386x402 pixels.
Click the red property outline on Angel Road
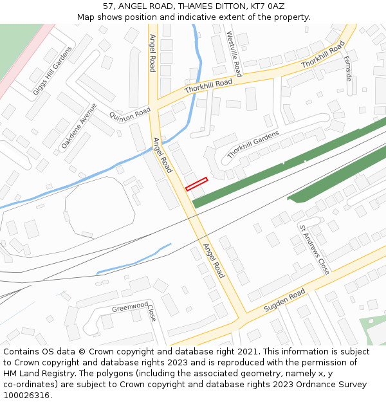(196, 184)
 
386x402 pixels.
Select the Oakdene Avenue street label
(78, 127)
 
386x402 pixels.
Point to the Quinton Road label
(130, 115)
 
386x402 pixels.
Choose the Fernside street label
(348, 68)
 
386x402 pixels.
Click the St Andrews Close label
(314, 250)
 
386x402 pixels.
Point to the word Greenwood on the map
(130, 307)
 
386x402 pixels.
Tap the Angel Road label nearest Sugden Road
(214, 260)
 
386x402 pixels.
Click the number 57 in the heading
(107, 6)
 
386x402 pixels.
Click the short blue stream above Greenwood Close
(134, 259)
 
